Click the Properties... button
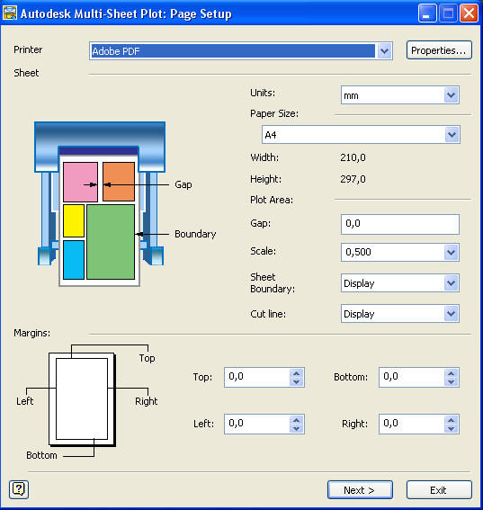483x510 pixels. pyautogui.click(x=439, y=50)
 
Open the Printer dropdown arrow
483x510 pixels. pyautogui.click(x=384, y=51)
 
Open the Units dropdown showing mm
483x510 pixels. pyautogui.click(x=400, y=95)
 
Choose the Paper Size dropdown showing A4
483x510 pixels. pyautogui.click(x=361, y=134)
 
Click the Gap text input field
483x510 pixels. pyautogui.click(x=400, y=224)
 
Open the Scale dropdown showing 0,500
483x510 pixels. pyautogui.click(x=400, y=252)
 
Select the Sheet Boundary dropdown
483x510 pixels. pyautogui.click(x=400, y=283)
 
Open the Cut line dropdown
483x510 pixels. pyautogui.click(x=400, y=314)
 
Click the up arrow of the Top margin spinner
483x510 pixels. pyautogui.click(x=296, y=373)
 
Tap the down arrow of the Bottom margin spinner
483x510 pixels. pyautogui.click(x=451, y=382)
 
